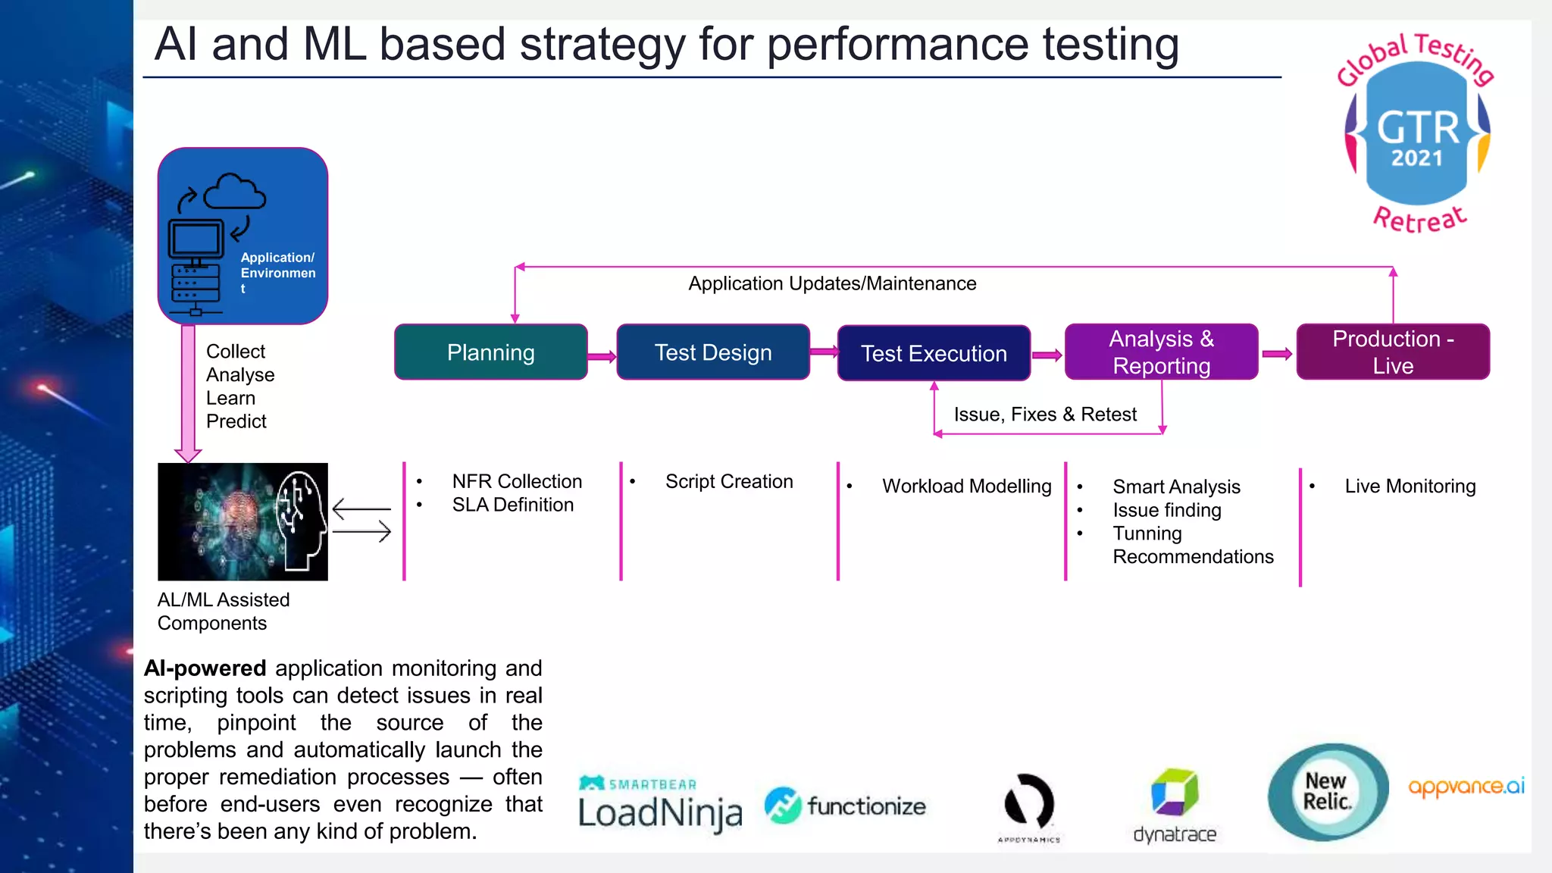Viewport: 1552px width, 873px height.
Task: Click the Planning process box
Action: pos(490,352)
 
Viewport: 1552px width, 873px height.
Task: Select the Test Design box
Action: pos(712,352)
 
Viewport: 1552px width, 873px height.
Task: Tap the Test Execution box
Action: pos(933,353)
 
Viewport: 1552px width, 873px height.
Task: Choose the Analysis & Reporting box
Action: pos(1161,352)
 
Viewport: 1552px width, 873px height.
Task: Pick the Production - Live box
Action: pos(1392,352)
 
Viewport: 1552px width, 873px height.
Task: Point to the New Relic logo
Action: pos(1328,792)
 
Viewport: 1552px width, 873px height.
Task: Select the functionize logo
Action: pos(846,806)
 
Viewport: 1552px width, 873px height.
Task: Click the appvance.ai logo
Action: pos(1466,787)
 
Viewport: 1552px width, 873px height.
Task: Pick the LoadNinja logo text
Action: pos(659,812)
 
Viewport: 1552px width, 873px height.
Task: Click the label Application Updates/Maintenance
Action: pos(831,283)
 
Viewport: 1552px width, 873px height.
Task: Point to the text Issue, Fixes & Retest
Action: pos(1045,415)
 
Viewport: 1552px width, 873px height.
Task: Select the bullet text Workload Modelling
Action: pos(966,486)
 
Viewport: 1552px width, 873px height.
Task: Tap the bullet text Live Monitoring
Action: pos(1410,486)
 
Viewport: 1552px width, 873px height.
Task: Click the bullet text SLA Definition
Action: pos(512,505)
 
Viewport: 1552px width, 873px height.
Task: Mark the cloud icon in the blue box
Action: pos(234,192)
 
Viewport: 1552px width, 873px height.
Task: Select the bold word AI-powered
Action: pos(205,668)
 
